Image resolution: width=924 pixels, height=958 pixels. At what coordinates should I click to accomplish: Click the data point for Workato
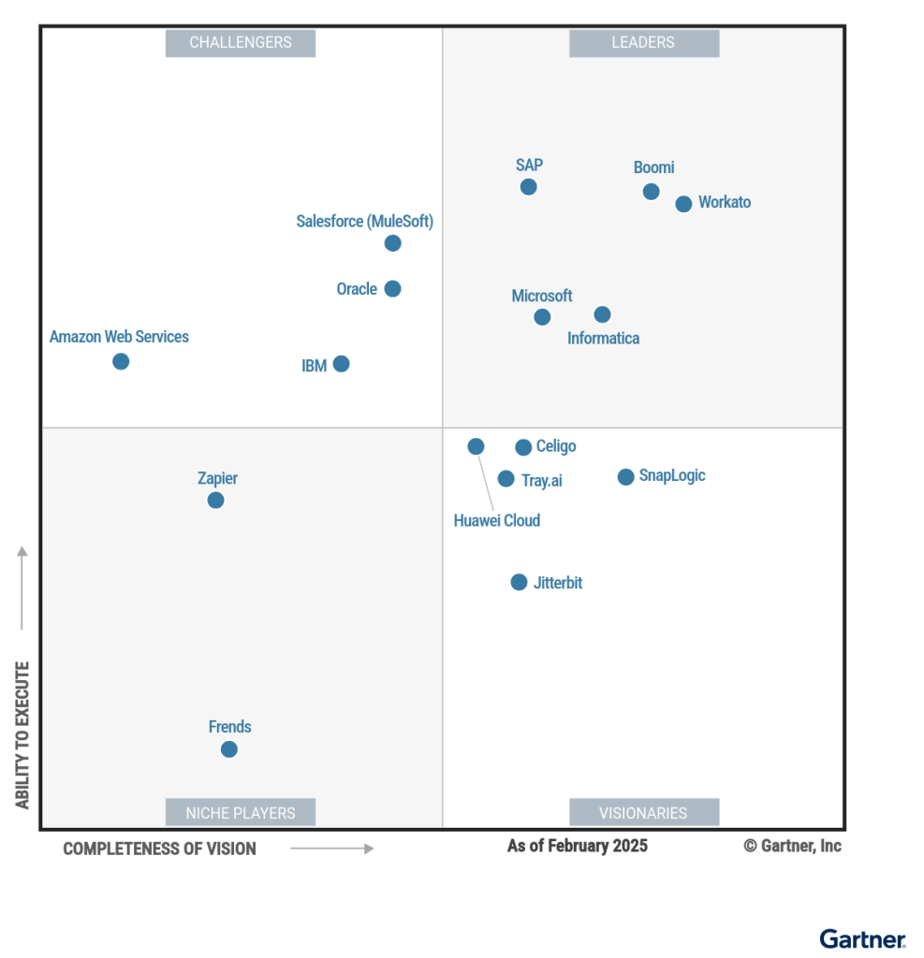[x=683, y=204]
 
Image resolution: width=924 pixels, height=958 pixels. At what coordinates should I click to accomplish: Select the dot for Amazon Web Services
[x=121, y=361]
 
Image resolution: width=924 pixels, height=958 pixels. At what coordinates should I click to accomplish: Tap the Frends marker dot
[x=229, y=749]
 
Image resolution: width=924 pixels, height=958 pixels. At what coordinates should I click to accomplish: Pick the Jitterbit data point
[x=519, y=582]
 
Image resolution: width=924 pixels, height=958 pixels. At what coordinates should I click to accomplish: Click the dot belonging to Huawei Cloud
[x=476, y=446]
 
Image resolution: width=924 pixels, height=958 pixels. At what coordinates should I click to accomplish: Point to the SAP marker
[x=529, y=187]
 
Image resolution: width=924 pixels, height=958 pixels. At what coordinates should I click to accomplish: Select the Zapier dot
[x=215, y=501]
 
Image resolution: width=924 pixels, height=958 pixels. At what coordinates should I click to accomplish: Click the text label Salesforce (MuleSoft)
[x=365, y=222]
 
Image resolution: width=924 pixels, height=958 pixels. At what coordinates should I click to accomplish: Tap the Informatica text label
[x=603, y=339]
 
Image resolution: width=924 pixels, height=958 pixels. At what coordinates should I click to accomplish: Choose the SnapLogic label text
[x=672, y=475]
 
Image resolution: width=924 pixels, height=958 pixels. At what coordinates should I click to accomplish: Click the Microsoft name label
[x=541, y=296]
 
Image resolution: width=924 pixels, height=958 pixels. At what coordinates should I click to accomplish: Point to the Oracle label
[x=357, y=289]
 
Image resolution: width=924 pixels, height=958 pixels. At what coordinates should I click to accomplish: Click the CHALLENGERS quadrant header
[x=241, y=42]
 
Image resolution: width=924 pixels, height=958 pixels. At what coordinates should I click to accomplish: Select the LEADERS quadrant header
[x=643, y=42]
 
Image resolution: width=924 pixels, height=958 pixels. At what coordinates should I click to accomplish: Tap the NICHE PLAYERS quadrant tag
[x=241, y=813]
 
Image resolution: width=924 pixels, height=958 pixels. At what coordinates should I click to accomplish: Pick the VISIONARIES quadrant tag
[x=643, y=813]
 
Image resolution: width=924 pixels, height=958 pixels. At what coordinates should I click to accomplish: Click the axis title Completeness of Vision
[x=159, y=849]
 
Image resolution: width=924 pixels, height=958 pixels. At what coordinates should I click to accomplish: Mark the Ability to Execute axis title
[x=22, y=734]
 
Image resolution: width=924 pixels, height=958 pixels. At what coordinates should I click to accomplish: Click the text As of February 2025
[x=577, y=846]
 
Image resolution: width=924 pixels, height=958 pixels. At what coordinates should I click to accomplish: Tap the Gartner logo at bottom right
[x=862, y=938]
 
